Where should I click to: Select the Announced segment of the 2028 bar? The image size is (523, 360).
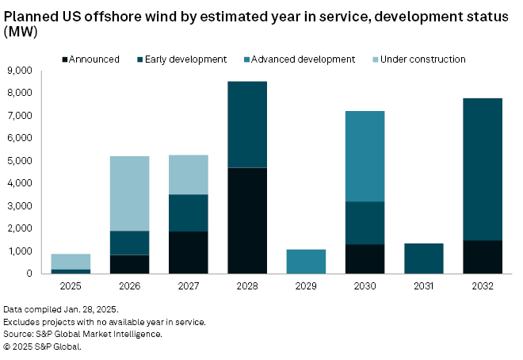tap(247, 220)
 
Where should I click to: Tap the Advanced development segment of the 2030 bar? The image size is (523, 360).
tap(365, 156)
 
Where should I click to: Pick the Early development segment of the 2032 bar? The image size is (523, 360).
tap(482, 169)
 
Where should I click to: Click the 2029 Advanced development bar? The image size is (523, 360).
tap(306, 262)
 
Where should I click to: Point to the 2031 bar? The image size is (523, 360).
tap(423, 259)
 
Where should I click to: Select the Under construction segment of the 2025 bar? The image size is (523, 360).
tap(71, 262)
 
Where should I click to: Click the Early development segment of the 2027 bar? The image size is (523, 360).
tap(189, 213)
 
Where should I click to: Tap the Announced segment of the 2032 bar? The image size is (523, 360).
tap(482, 257)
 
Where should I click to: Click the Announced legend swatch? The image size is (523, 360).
tap(65, 59)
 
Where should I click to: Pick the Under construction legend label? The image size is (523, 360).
tap(424, 59)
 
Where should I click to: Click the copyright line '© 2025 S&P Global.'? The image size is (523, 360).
tap(42, 347)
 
